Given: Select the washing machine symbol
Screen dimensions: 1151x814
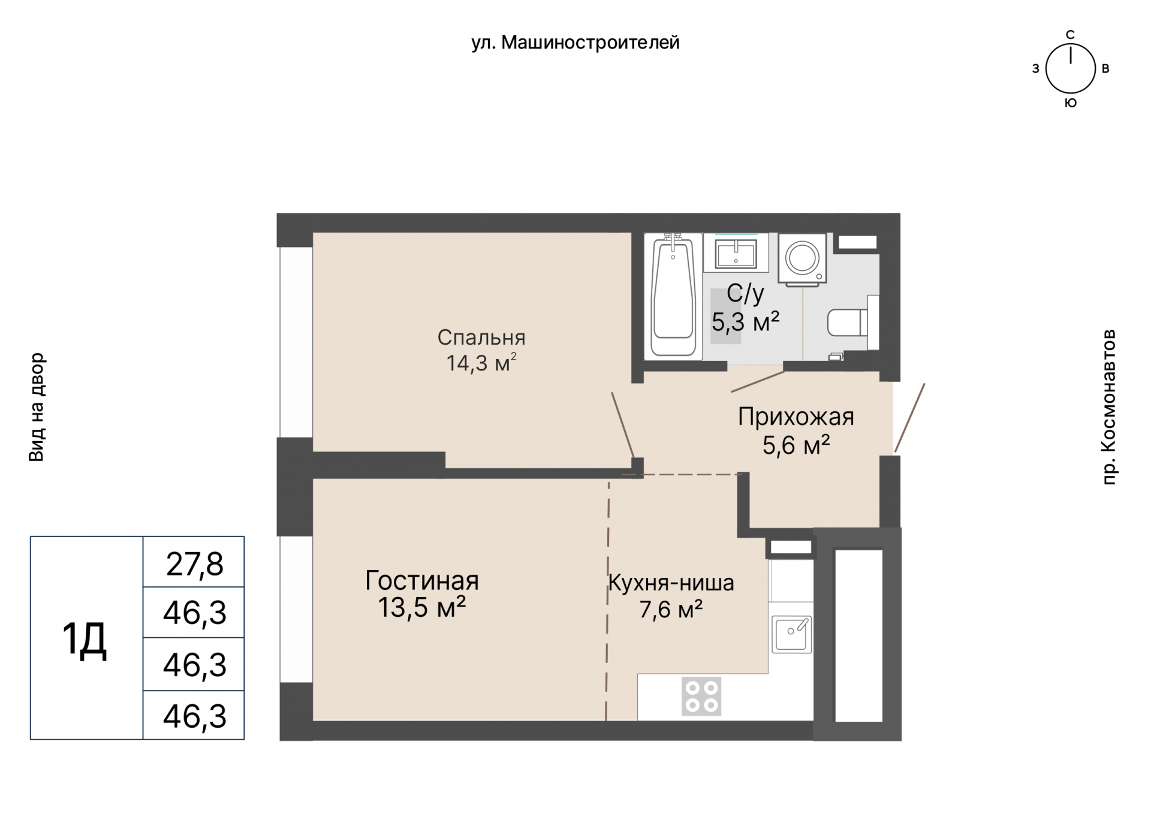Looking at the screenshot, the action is (x=802, y=258).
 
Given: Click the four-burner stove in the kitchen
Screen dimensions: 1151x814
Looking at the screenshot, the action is (x=701, y=697).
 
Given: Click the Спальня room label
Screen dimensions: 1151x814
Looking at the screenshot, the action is (x=481, y=337).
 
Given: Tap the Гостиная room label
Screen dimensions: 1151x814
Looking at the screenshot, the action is (x=422, y=580).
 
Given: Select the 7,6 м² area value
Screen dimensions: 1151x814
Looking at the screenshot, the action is (x=671, y=610).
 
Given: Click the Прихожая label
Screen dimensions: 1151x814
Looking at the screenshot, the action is (x=796, y=417).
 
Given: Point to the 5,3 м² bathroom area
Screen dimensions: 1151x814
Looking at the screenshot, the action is (x=745, y=322).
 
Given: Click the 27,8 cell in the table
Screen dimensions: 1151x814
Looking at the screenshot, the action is (x=194, y=564).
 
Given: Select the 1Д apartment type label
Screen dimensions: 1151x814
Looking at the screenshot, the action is (x=85, y=639).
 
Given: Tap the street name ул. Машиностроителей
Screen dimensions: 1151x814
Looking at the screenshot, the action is (x=575, y=43).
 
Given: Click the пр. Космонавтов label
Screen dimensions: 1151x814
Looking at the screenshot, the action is (x=1109, y=407).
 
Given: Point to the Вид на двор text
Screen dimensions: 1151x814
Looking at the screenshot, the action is (x=37, y=407).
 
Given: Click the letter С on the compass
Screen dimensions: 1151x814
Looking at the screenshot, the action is (x=1070, y=35).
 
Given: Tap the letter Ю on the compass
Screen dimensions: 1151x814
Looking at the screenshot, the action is (x=1071, y=103).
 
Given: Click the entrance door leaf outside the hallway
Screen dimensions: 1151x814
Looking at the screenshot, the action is (x=910, y=418).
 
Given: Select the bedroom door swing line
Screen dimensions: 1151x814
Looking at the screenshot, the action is (x=623, y=426).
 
